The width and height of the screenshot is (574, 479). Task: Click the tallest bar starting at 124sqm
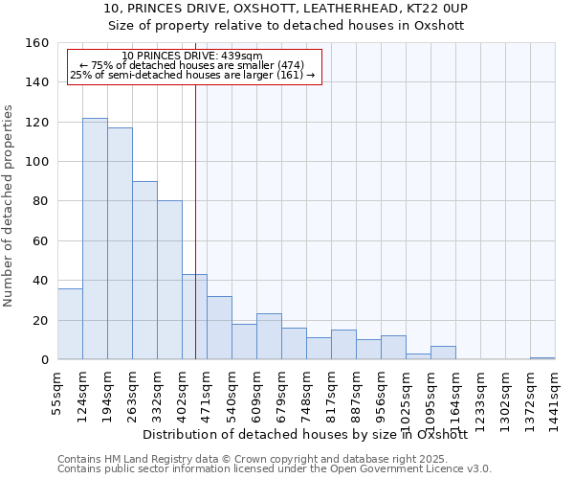point(95,239)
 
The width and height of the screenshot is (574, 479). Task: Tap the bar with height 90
point(144,270)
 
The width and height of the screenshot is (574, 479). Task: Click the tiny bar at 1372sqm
point(542,357)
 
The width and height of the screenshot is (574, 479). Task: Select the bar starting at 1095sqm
point(443,353)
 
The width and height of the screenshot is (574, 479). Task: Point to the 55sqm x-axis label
point(57,392)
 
